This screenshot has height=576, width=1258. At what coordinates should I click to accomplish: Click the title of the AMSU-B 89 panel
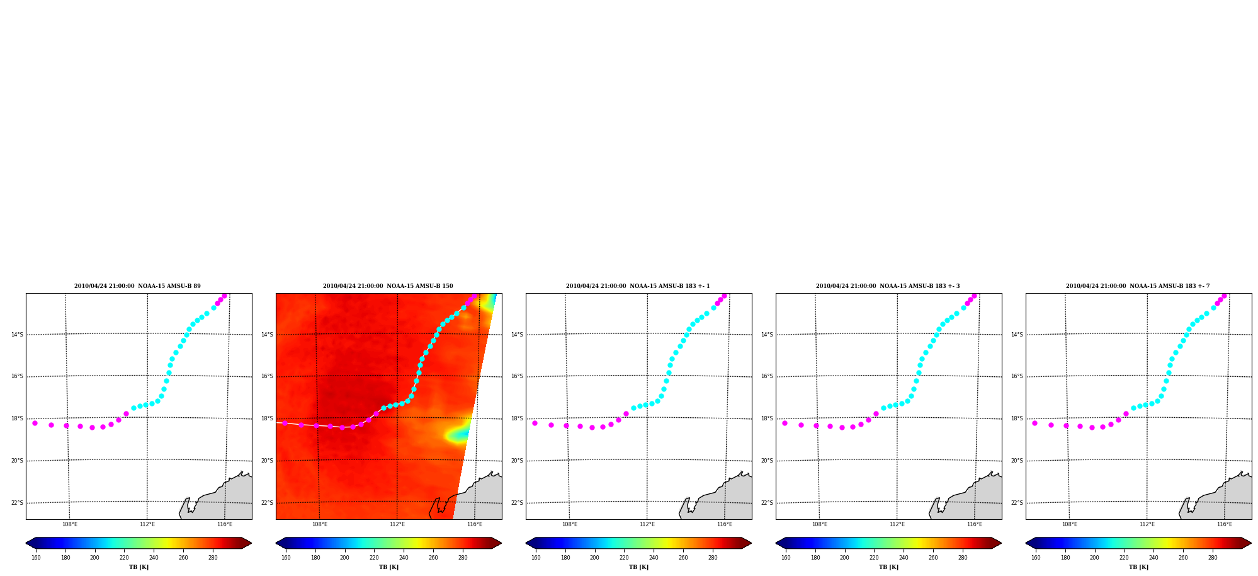pos(137,286)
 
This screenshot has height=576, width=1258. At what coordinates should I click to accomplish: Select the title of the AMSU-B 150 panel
pos(388,286)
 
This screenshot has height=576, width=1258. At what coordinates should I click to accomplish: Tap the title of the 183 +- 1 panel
pos(638,286)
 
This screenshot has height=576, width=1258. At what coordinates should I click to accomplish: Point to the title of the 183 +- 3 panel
pos(888,286)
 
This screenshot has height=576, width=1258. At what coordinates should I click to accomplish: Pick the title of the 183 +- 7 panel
pos(1138,286)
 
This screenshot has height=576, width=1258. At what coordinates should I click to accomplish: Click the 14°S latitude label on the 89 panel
pos(17,335)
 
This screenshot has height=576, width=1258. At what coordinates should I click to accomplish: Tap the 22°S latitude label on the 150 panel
pos(267,503)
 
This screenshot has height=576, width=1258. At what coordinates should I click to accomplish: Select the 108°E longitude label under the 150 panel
pos(319,524)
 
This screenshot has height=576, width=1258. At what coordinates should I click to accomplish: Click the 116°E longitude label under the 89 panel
pos(225,524)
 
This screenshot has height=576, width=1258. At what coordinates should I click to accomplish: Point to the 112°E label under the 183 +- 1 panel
pos(647,524)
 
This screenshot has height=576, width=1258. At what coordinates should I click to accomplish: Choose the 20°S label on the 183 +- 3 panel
pos(767,461)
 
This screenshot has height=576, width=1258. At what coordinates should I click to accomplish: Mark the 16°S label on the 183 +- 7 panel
pos(1017,376)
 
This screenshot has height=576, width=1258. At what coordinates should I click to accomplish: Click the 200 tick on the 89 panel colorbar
pos(94,557)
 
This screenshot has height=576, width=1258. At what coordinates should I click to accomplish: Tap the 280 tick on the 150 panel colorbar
pos(463,557)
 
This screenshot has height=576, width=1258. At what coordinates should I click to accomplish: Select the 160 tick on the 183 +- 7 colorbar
pos(1036,557)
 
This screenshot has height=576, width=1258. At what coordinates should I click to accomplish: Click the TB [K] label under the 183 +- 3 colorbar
pos(888,567)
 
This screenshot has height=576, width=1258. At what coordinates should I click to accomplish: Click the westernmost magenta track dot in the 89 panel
pos(35,423)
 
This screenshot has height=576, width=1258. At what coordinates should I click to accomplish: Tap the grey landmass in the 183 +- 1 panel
pos(724,498)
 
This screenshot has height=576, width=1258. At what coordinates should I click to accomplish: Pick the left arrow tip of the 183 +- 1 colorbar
pos(526,543)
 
